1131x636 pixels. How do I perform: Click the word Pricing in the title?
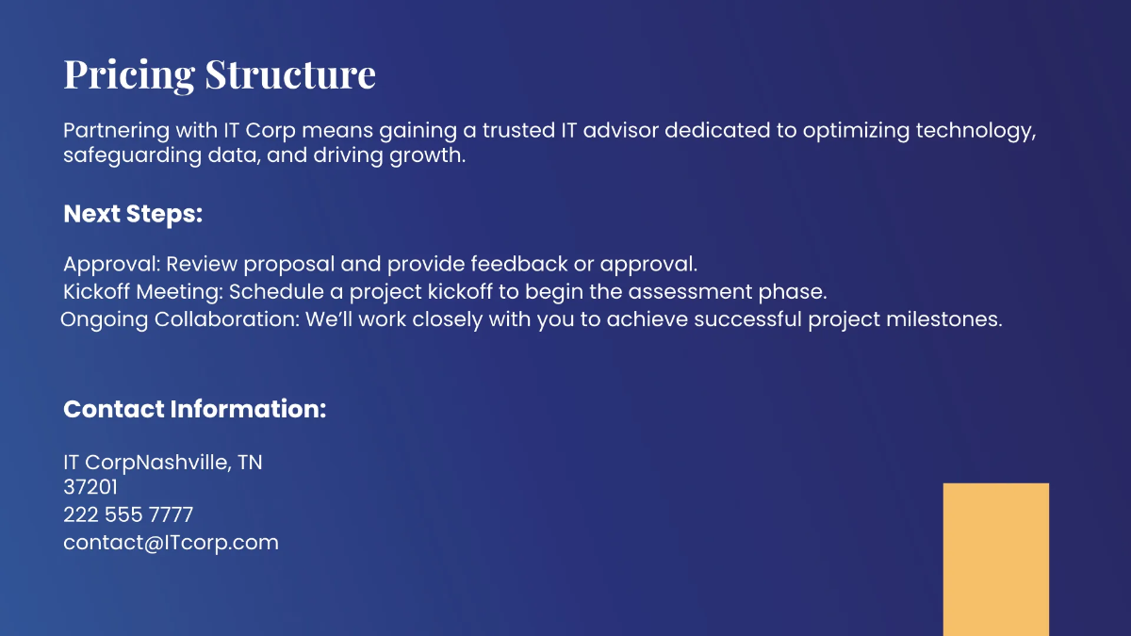[130, 74]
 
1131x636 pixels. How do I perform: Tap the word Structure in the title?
[290, 74]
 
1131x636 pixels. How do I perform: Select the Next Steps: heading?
[133, 214]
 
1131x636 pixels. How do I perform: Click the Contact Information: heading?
[194, 409]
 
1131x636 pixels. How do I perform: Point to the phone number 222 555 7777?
[128, 515]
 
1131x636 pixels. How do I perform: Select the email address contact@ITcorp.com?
[171, 543]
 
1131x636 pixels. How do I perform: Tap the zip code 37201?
[90, 488]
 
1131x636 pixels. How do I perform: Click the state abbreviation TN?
[250, 463]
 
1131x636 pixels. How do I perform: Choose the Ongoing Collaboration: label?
[180, 319]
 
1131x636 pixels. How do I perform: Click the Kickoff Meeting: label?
[143, 291]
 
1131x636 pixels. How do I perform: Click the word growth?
[427, 155]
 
